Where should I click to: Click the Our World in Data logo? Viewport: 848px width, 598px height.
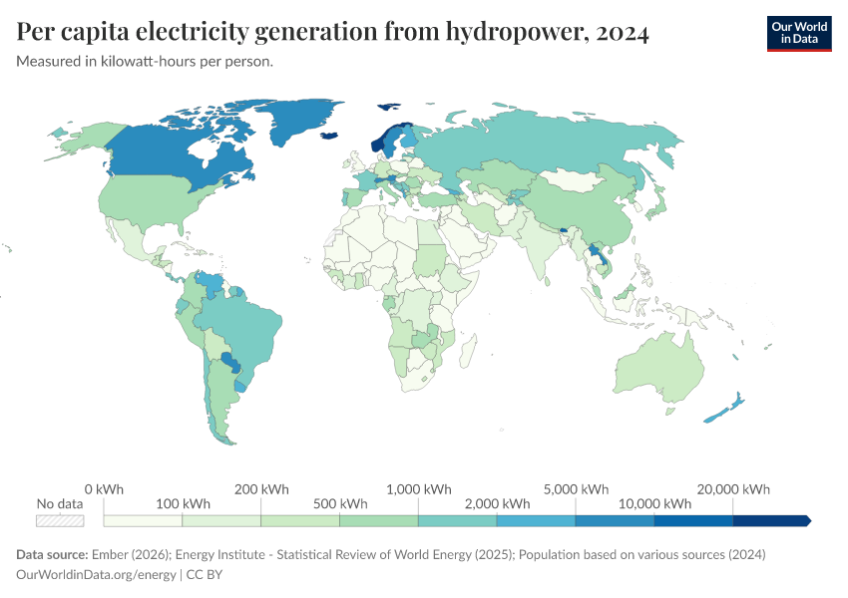tap(798, 33)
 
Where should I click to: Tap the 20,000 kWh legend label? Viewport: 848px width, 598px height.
tap(733, 489)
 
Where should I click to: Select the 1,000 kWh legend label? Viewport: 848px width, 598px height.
tap(419, 489)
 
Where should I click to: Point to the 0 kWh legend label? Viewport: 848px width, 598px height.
tap(104, 489)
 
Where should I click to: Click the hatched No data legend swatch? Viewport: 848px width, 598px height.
tap(60, 520)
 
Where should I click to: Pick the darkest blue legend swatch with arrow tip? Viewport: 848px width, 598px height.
tap(770, 520)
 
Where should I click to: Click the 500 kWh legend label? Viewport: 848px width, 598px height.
tap(340, 503)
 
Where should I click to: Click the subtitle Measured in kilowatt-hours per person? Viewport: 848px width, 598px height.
tap(145, 62)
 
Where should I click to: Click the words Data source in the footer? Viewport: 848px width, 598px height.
tap(50, 554)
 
